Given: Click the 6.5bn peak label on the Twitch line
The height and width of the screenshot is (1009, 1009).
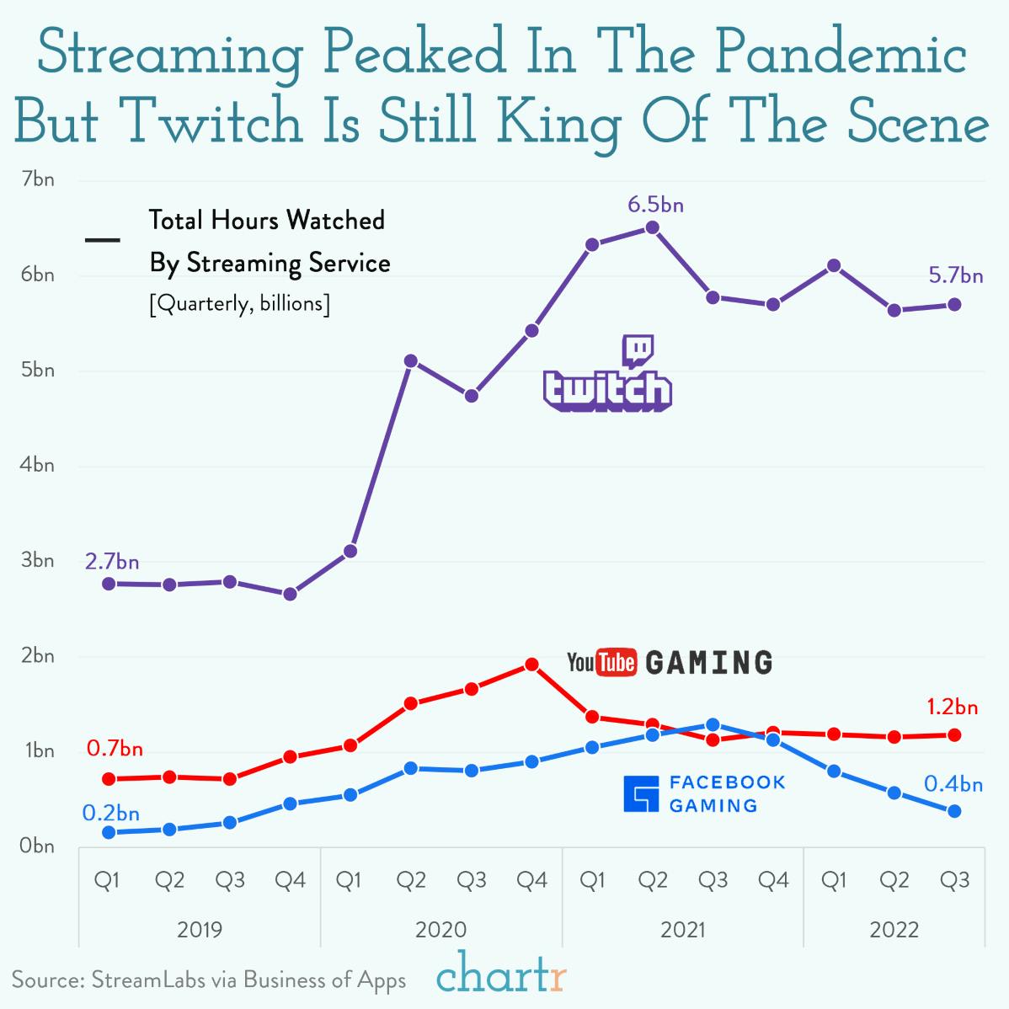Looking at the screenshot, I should point(655,205).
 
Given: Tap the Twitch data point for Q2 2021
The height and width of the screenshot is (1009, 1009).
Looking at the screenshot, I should point(652,227).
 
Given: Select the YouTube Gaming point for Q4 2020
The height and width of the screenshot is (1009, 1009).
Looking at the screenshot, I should point(531,665).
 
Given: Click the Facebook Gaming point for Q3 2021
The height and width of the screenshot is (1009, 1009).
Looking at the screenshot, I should point(713,724).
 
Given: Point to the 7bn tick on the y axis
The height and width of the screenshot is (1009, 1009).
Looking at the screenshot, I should point(38,179).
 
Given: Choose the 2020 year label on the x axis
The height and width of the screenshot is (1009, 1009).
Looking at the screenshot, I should point(440,930).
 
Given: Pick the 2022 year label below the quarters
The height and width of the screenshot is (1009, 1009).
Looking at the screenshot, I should point(894,930).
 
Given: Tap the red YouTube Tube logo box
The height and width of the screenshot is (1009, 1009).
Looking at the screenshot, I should point(616,663).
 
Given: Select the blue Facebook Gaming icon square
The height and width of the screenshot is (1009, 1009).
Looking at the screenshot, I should point(640,794).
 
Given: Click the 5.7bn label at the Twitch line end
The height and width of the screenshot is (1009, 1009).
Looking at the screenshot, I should point(956,275).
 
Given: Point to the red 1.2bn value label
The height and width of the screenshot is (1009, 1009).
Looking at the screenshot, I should point(952,707).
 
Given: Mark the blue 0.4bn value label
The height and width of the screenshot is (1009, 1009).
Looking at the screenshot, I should point(953,784).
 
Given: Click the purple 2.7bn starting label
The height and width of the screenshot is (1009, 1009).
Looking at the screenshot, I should point(111,561).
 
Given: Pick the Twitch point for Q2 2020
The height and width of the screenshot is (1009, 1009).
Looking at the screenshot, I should point(411,360).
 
